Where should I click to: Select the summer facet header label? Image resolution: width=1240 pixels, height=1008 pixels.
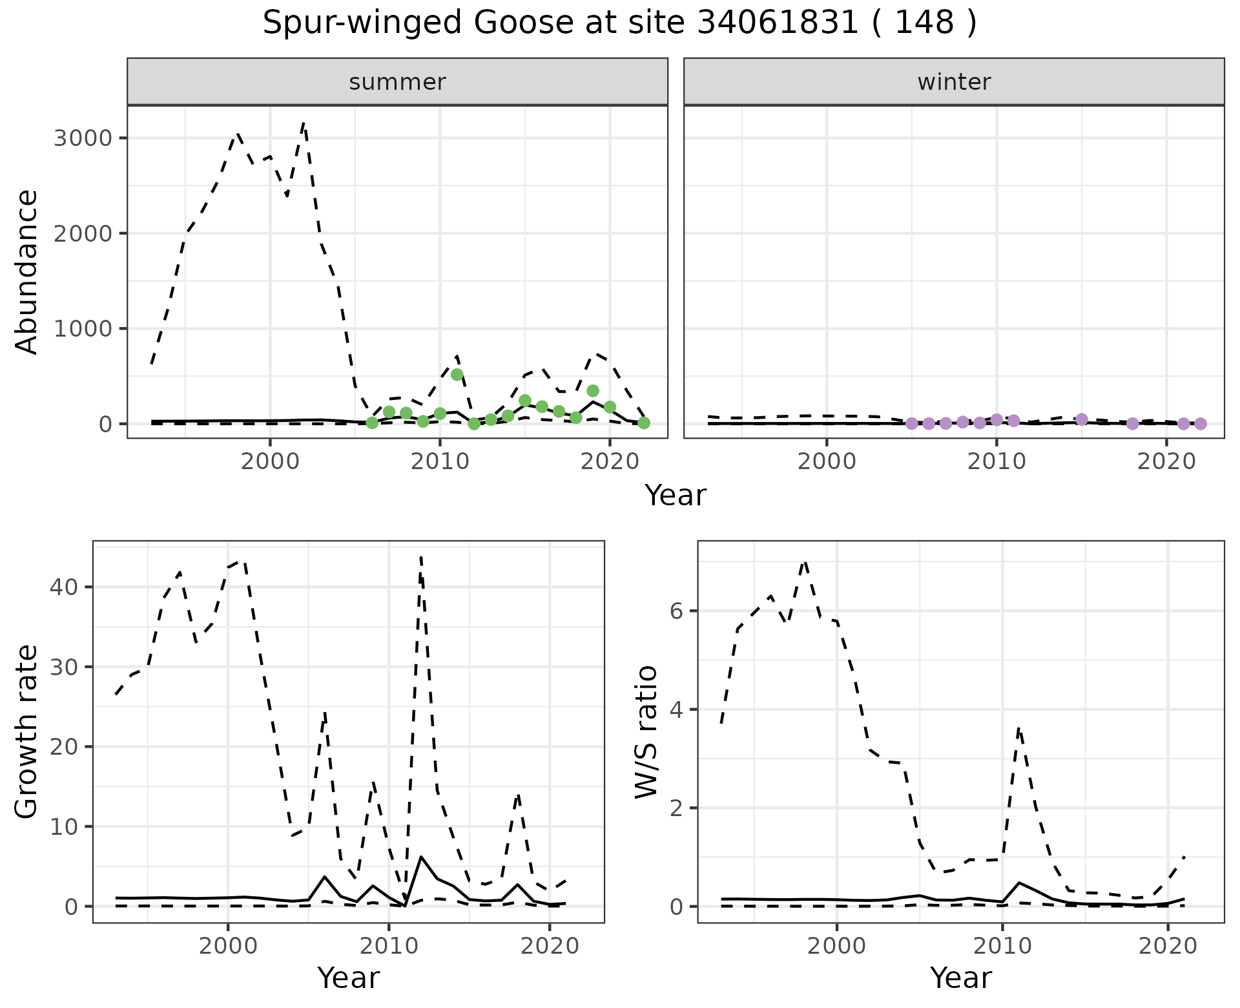pos(397,82)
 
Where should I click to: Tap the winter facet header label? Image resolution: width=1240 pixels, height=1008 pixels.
pos(954,82)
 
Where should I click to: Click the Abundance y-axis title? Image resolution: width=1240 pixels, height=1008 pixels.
pos(27,271)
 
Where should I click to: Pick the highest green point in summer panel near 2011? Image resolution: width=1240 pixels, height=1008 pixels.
pos(457,375)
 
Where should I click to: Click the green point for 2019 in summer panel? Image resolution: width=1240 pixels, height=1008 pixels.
pos(593,391)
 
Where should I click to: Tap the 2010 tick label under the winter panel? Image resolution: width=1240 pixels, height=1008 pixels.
pos(997,461)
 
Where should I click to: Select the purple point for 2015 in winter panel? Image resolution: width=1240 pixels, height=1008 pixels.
pos(1082,419)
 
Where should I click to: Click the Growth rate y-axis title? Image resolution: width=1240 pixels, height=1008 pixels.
pos(27,731)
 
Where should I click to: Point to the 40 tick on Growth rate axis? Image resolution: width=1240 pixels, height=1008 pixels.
pos(65,587)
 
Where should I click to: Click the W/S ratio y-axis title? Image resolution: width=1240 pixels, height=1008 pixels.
pos(646,731)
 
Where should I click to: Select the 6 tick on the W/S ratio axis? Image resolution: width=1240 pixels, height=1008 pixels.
pos(677,612)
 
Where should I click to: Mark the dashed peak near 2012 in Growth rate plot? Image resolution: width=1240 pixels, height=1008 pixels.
pos(421,557)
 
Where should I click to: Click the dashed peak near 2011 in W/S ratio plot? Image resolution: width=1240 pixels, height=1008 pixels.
pos(1018,728)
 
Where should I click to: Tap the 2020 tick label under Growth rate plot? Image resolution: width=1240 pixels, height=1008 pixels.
pos(549,947)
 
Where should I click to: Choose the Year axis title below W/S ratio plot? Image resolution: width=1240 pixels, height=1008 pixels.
pos(960,978)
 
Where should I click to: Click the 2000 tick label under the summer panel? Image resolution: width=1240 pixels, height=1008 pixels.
pos(270,461)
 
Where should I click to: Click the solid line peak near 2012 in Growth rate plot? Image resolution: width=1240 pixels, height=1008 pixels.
pos(421,857)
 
